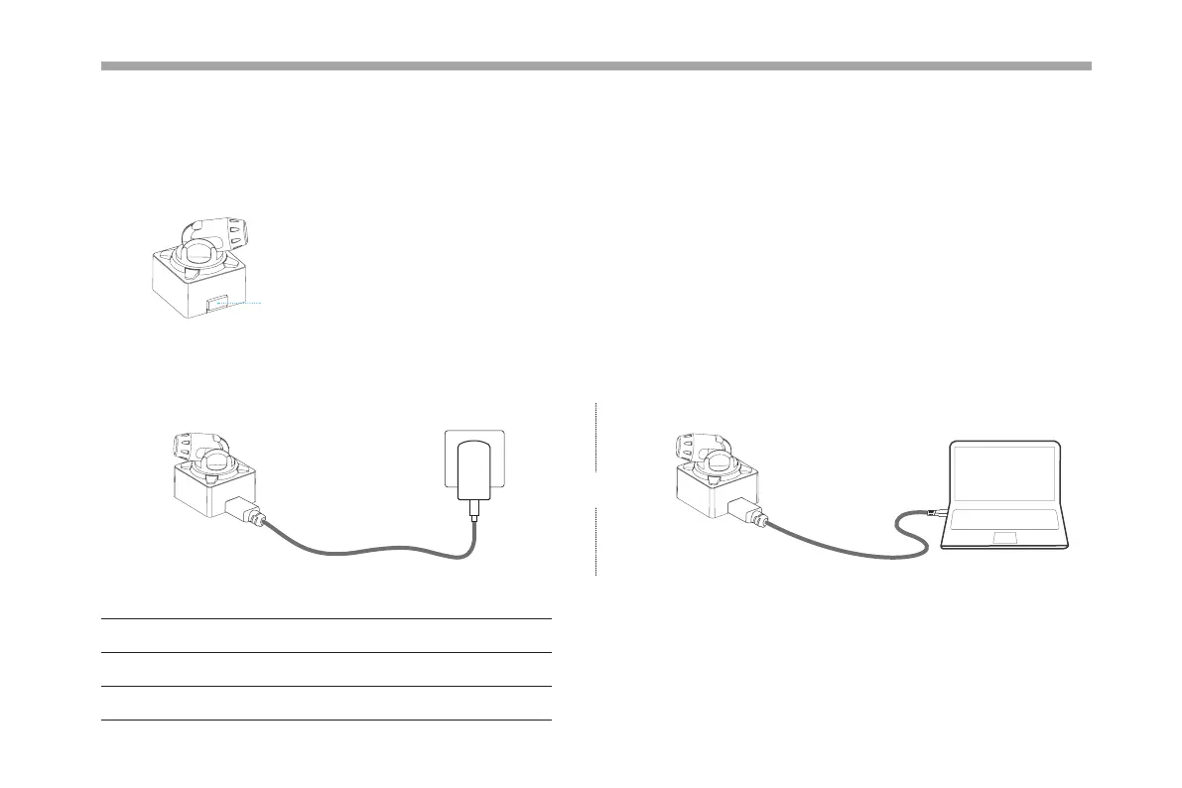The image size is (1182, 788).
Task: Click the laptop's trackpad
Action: pos(1004,537)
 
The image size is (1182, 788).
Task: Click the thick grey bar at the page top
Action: pos(595,66)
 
